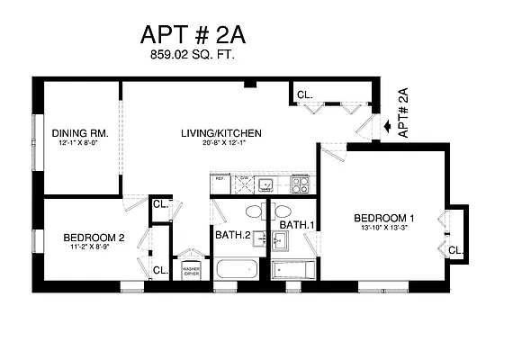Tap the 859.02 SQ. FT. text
[192, 56]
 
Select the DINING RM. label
[79, 133]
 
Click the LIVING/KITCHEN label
[219, 133]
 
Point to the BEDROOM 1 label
[383, 218]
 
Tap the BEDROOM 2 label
[94, 238]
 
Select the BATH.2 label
[232, 235]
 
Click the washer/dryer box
[191, 271]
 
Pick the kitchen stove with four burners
[300, 185]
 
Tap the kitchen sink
[266, 185]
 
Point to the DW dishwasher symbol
[243, 184]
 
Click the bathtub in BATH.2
[237, 269]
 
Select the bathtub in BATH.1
[293, 269]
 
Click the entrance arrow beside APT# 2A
[387, 128]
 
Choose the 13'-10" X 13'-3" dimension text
[383, 229]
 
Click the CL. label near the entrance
[304, 94]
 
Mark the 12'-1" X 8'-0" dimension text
[79, 143]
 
